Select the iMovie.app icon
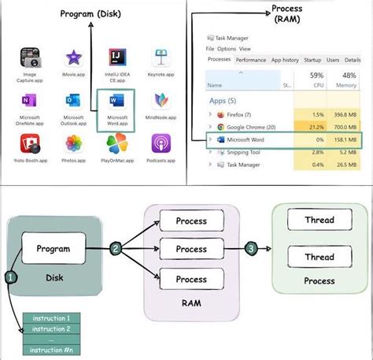pos(75,58)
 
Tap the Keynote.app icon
pos(160,58)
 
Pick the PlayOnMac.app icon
pos(116,145)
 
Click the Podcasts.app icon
pos(160,145)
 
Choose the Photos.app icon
pos(75,145)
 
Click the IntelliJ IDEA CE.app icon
pos(116,58)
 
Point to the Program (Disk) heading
pos(92,14)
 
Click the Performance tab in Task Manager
pos(250,59)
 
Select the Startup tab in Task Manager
pos(312,59)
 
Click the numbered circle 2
pos(116,249)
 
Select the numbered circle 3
pos(250,249)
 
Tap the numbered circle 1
pos(11,277)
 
